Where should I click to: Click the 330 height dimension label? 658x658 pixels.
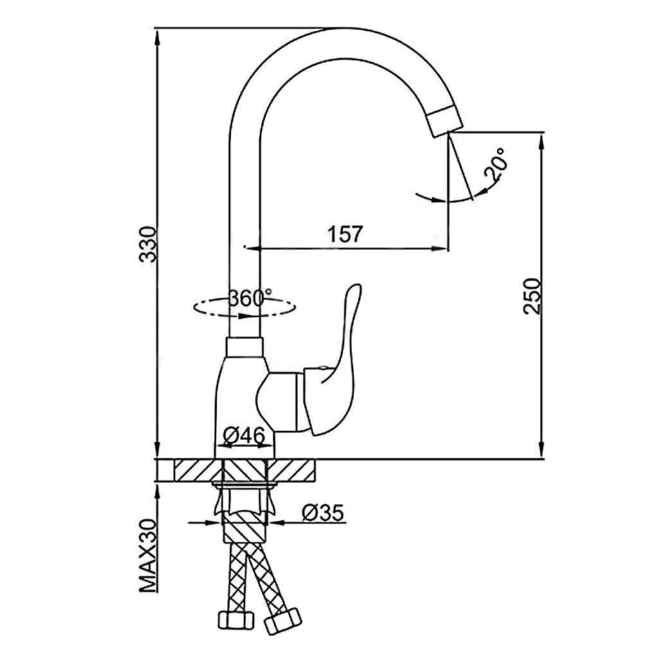click(x=148, y=245)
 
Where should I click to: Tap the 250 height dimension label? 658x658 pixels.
click(x=533, y=296)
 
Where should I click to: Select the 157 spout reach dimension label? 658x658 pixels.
click(x=344, y=234)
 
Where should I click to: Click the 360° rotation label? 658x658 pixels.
click(x=251, y=298)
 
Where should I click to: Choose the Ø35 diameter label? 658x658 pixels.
click(x=323, y=512)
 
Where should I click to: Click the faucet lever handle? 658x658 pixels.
click(x=332, y=365)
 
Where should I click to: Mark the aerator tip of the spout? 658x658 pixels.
click(x=445, y=121)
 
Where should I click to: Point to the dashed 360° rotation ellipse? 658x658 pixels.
click(x=244, y=308)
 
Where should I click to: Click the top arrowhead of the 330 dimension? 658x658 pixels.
click(x=157, y=38)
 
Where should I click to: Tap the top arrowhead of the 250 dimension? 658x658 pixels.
click(x=542, y=142)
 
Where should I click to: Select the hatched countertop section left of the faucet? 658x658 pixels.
click(x=197, y=470)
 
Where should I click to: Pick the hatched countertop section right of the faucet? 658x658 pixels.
click(x=291, y=470)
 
